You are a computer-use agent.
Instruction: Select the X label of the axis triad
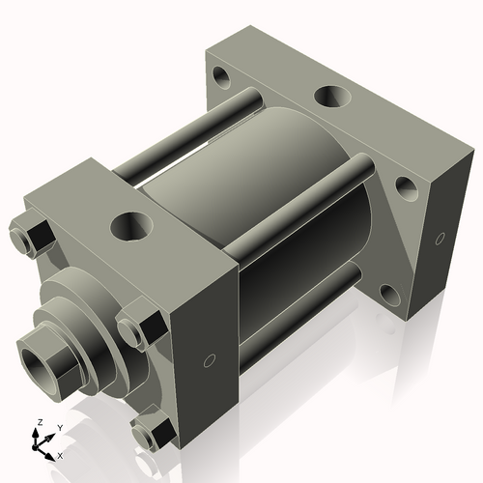pos(61,454)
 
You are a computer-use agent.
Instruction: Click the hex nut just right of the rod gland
pos(137,326)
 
